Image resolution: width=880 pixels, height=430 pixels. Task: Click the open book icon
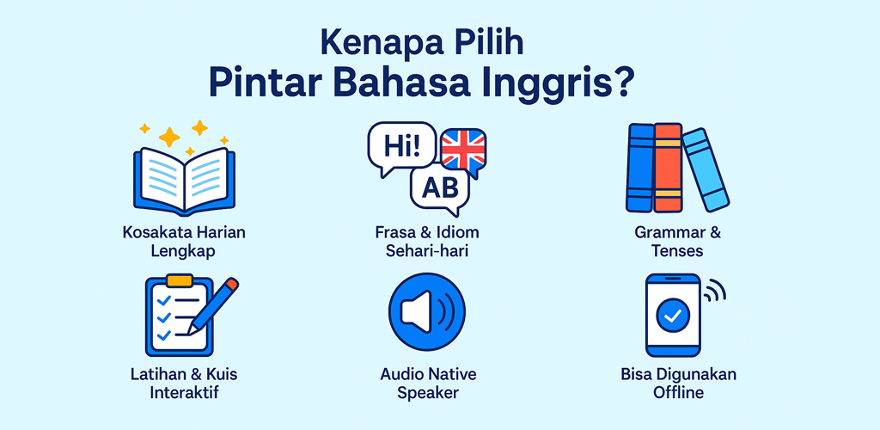(x=184, y=181)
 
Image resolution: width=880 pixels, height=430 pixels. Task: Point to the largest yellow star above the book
(x=169, y=137)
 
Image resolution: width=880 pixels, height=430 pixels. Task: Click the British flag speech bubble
(x=463, y=151)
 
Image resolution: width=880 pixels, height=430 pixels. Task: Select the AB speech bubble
(x=440, y=191)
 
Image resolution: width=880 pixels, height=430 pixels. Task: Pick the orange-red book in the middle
(x=668, y=168)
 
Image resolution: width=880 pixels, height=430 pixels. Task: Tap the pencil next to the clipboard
(x=213, y=305)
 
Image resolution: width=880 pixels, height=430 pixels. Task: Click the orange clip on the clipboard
(x=180, y=279)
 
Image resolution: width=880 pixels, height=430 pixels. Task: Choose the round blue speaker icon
(x=427, y=313)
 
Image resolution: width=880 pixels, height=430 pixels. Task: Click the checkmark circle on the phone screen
(x=672, y=315)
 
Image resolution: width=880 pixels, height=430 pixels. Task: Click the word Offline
(x=678, y=392)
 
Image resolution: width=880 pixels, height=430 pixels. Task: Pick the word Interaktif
(x=184, y=392)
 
